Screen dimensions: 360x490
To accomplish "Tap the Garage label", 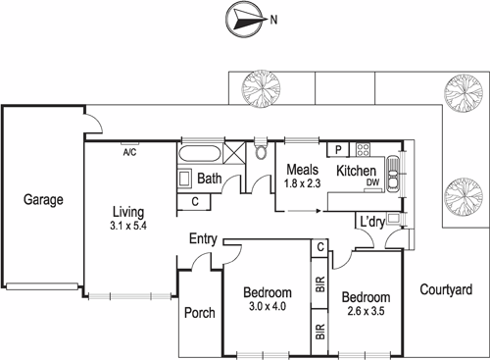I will point(43,200).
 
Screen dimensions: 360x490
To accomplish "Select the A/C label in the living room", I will point(129,152).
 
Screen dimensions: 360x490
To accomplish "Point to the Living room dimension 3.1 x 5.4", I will point(129,224).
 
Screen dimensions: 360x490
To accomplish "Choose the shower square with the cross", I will point(236,155).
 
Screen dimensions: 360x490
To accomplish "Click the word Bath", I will point(209,180).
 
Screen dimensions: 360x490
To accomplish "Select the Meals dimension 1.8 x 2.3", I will point(302,183).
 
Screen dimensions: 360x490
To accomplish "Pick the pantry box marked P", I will point(338,150).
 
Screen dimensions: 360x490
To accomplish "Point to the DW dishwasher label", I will point(372,183).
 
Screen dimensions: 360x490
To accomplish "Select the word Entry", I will point(203,238).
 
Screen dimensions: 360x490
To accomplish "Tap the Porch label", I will point(199,313).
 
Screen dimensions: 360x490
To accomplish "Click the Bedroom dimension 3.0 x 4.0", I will point(268,307).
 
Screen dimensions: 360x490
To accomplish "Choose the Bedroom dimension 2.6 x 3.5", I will point(367,311).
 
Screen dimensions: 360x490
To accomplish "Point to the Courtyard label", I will point(446,289).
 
